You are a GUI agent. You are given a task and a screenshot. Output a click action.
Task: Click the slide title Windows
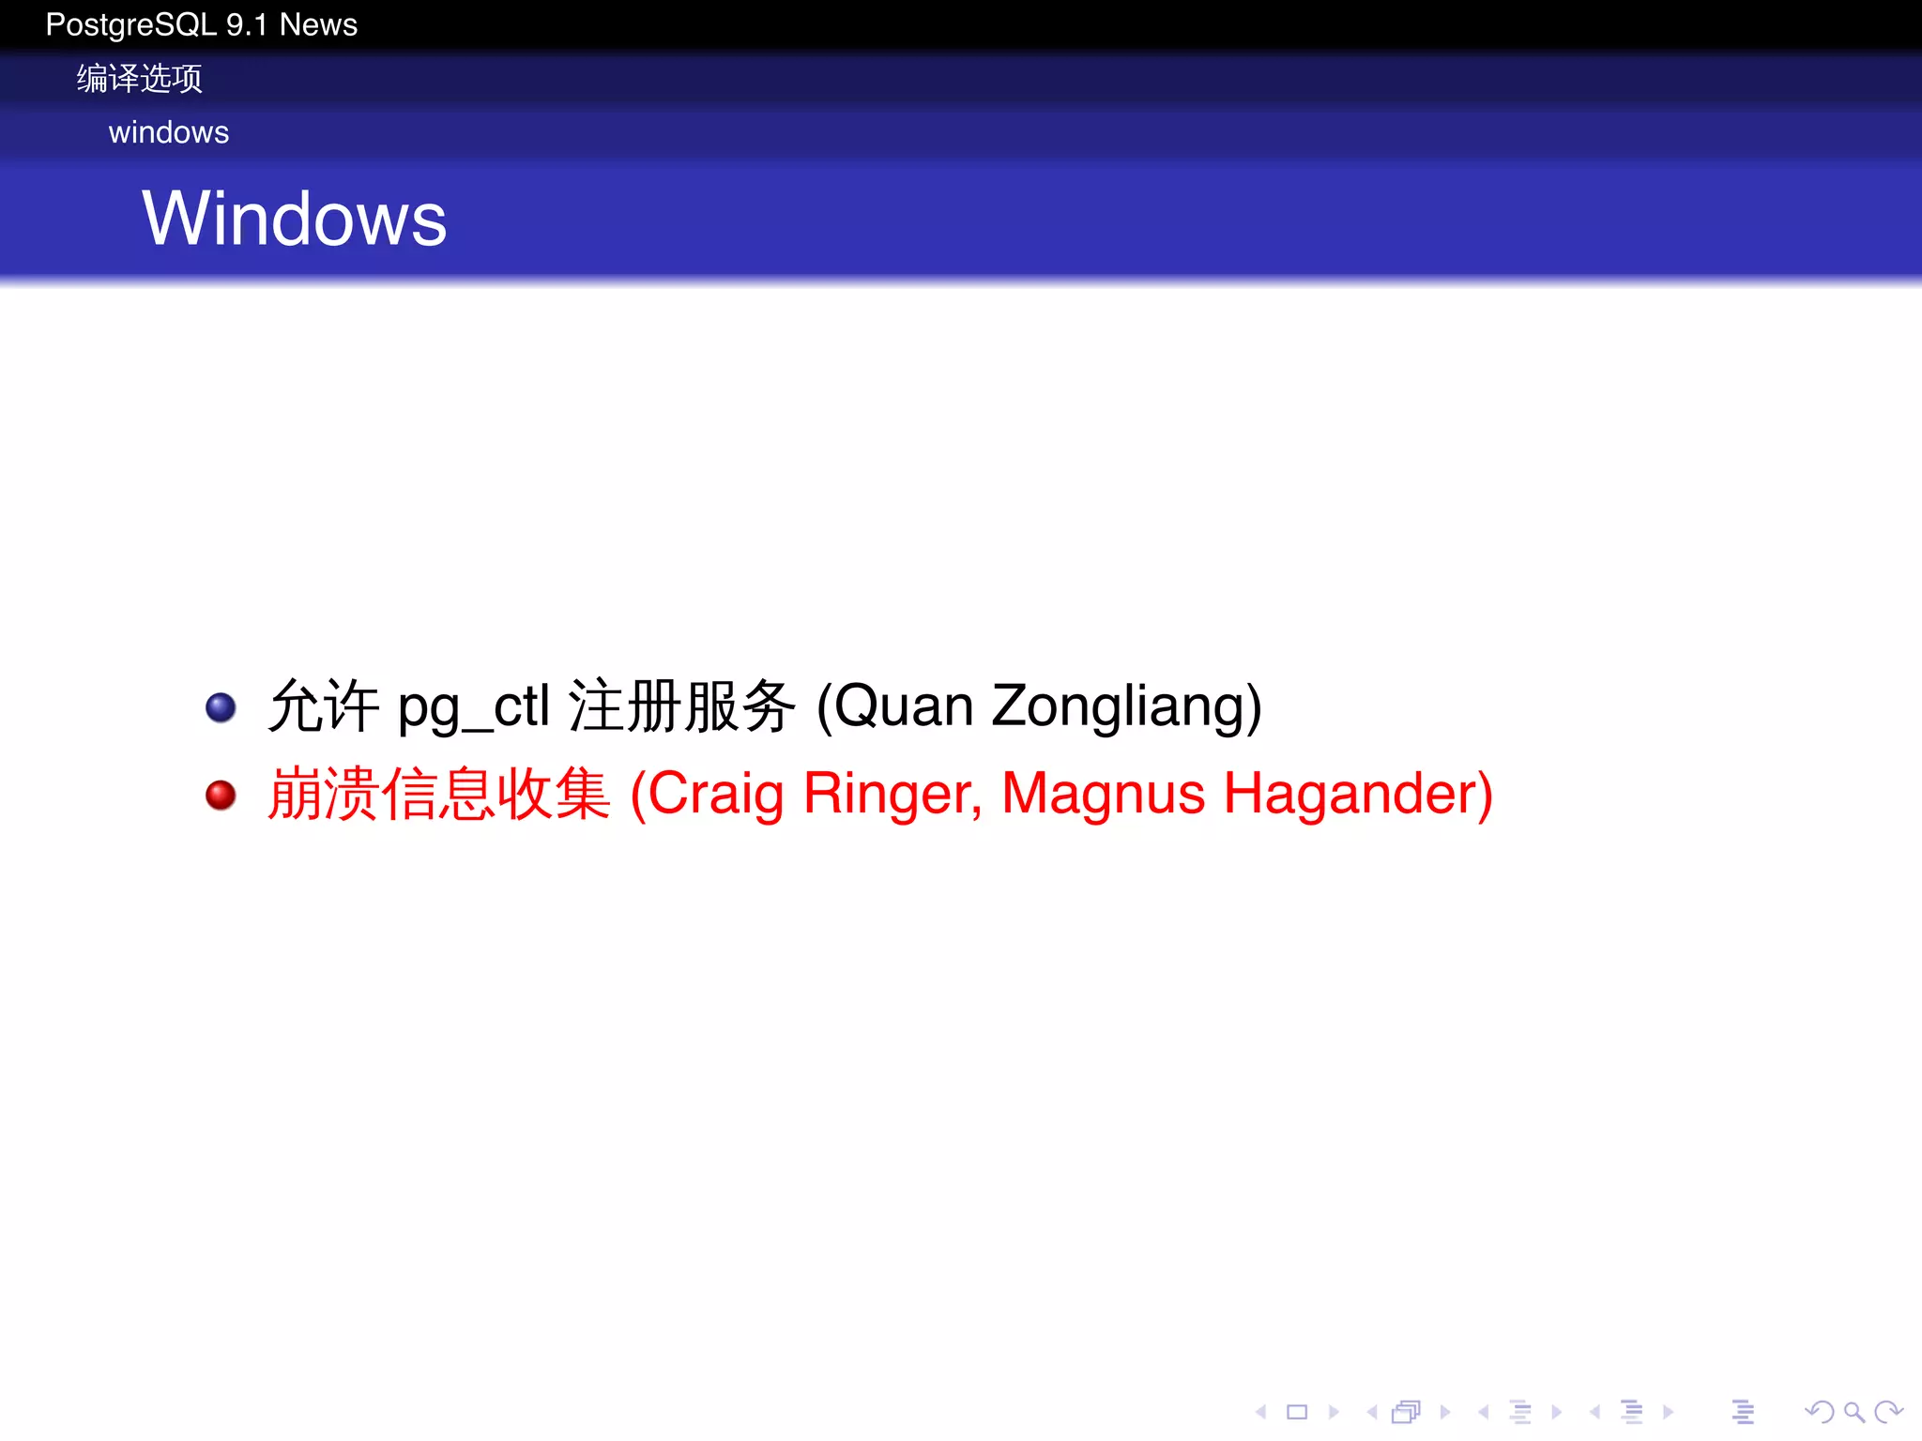point(294,219)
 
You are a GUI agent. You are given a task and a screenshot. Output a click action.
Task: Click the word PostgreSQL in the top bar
point(131,24)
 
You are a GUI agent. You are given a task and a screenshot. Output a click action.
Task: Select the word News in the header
point(318,24)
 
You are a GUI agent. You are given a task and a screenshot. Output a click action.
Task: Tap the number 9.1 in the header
point(247,24)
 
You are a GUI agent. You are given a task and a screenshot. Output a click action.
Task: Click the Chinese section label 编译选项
point(139,79)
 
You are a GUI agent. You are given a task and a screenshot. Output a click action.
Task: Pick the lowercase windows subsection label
point(169,132)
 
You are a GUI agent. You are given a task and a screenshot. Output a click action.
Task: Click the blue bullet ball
point(221,707)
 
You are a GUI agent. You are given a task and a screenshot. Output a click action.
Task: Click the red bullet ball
point(221,796)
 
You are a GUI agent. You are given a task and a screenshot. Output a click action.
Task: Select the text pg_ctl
point(473,707)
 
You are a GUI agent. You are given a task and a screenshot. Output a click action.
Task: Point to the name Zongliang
point(1126,707)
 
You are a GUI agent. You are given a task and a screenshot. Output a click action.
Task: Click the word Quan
point(904,707)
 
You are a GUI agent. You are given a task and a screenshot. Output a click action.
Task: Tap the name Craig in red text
point(715,795)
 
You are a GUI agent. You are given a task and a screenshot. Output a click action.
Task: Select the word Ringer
point(892,795)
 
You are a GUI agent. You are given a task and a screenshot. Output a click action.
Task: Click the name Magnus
point(1103,795)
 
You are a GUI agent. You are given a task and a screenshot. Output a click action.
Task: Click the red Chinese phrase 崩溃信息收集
point(439,795)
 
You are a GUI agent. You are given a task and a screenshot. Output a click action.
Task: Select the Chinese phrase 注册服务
point(682,707)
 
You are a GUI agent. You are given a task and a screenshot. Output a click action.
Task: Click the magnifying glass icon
point(1853,1412)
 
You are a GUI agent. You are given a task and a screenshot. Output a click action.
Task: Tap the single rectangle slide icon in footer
point(1297,1412)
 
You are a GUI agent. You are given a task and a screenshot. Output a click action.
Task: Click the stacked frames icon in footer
point(1406,1412)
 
